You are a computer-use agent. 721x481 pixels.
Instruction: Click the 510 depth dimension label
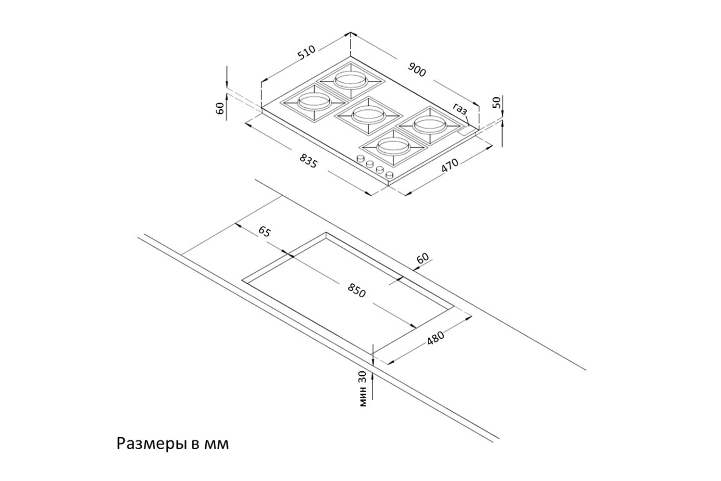(x=306, y=52)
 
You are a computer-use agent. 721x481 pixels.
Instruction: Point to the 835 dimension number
(x=308, y=161)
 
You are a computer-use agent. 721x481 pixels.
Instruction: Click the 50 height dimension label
(x=497, y=102)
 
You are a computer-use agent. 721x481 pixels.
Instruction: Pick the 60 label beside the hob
(x=221, y=108)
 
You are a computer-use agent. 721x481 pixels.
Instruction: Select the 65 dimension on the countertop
(x=264, y=232)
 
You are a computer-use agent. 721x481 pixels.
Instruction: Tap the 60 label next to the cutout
(x=422, y=258)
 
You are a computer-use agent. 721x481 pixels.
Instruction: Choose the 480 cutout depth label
(x=435, y=338)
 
